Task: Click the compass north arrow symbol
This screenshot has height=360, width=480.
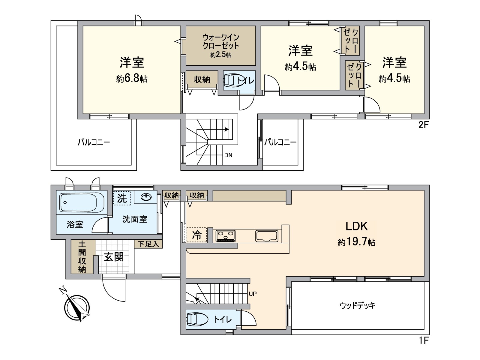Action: pos(77,308)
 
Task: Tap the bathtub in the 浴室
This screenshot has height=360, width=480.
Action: pos(82,202)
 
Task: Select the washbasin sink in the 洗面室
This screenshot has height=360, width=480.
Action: pos(146,197)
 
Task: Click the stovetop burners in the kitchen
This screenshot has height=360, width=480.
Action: pos(226,235)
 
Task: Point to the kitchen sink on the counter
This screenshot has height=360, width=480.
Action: pos(267,236)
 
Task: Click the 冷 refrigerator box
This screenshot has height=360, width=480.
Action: pos(197,235)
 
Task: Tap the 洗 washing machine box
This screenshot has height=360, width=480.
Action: pos(122,198)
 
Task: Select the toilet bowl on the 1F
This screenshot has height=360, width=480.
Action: pos(197,319)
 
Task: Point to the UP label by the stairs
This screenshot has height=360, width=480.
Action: pos(253,294)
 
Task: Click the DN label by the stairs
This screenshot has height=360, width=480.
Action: pos(228,155)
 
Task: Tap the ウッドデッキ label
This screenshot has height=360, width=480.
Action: pos(358,306)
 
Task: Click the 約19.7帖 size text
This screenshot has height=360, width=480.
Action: pos(356,242)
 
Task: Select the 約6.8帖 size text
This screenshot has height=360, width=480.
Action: pos(132,79)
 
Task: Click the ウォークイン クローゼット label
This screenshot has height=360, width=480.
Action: pos(221,42)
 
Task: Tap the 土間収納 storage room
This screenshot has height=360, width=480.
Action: pos(82,257)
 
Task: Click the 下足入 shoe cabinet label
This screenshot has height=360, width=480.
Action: pos(148,244)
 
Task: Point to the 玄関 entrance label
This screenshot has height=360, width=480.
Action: pos(114,257)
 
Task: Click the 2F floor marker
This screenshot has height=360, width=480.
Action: pos(424,125)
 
